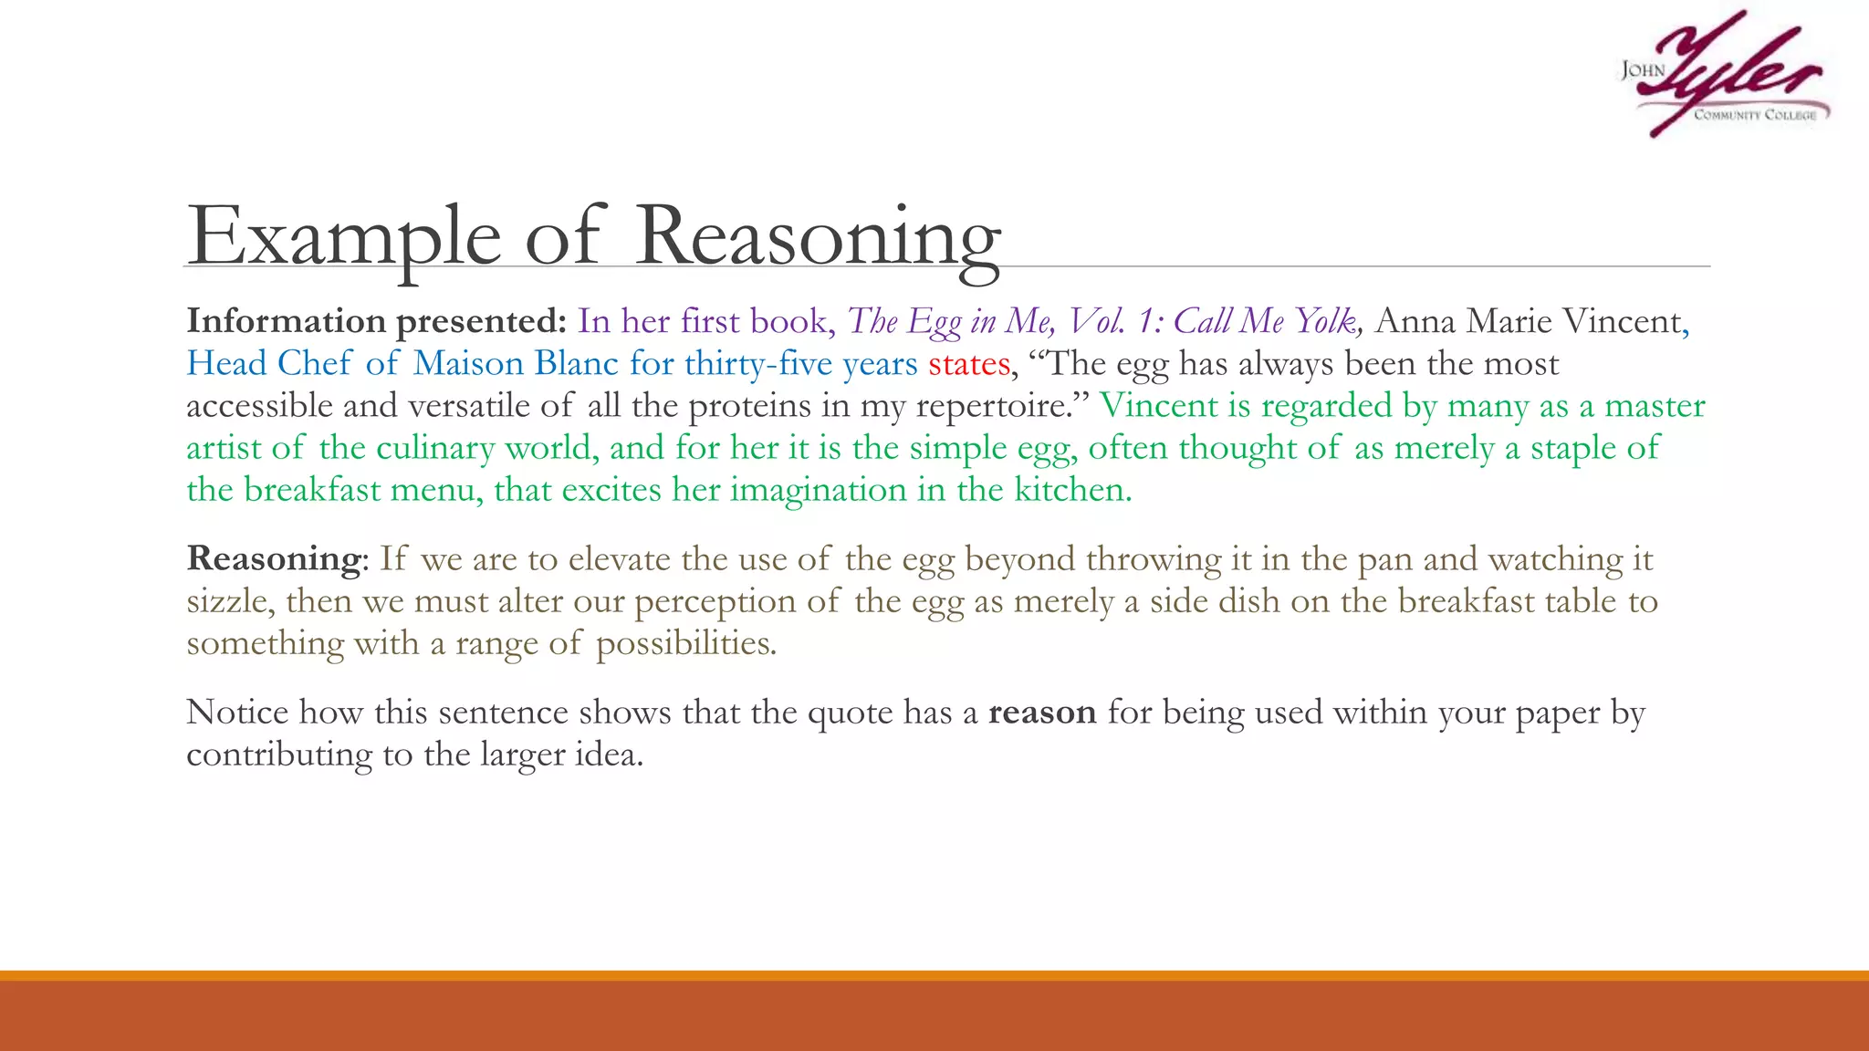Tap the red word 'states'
[969, 364]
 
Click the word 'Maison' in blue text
[467, 364]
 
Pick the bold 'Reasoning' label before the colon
[274, 558]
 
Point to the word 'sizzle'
[229, 601]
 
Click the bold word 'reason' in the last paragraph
[1042, 713]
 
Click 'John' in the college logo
[1643, 70]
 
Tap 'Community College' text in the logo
[1755, 115]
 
